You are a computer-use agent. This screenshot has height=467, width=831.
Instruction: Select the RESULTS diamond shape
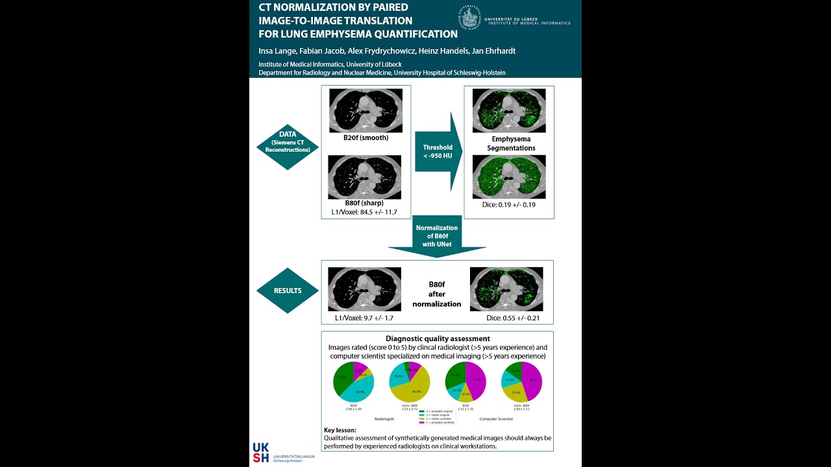(287, 291)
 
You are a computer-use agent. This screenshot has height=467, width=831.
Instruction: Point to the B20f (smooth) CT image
(366, 110)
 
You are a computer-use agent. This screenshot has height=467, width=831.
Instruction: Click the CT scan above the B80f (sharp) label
(366, 176)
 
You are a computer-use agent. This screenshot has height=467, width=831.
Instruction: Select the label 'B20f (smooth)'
(366, 138)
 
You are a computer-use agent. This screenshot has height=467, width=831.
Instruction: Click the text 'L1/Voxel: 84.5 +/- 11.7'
(364, 211)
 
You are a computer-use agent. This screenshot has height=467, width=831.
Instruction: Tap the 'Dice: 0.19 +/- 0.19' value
(508, 204)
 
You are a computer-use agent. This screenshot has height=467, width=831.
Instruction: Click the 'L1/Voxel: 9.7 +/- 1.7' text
(364, 318)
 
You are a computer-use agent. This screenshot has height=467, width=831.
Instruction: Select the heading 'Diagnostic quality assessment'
(438, 339)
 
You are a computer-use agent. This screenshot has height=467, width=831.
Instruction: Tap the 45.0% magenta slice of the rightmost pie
(532, 381)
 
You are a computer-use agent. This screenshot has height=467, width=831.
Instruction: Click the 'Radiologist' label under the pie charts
(386, 419)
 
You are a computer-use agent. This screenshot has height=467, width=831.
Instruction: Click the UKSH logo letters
(261, 453)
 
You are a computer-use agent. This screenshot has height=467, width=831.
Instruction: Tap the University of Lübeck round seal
(469, 17)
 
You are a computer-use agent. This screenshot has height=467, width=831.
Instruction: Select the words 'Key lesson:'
(340, 430)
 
